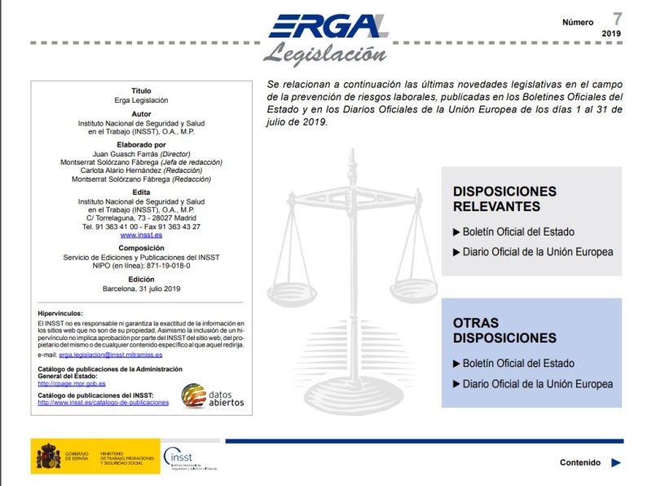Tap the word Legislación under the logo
(x=324, y=54)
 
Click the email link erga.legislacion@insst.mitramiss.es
(x=110, y=355)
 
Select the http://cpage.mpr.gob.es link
(x=72, y=383)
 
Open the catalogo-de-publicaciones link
(x=104, y=403)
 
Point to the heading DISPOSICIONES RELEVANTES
(x=504, y=199)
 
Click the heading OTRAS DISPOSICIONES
(x=504, y=330)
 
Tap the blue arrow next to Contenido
(x=616, y=462)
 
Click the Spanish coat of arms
(x=46, y=457)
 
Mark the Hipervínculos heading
(x=60, y=313)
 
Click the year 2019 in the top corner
(x=611, y=33)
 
